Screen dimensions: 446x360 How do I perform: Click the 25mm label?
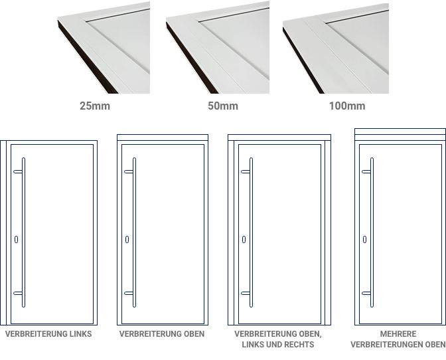coord(95,106)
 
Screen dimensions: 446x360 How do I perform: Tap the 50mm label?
coord(223,106)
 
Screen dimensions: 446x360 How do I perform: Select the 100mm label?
coord(347,106)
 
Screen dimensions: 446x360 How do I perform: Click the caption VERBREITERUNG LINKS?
coord(48,334)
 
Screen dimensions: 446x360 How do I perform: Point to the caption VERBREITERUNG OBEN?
coord(162,334)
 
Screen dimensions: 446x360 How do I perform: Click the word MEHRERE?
coord(398,334)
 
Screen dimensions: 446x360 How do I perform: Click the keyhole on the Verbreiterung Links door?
coord(16,239)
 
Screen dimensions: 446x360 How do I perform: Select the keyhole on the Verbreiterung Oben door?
coord(127,239)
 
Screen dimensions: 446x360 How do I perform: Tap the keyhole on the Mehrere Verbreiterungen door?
coord(364,239)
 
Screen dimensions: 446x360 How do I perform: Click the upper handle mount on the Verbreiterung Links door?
coord(18,171)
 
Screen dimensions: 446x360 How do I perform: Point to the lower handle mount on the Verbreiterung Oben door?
coord(129,293)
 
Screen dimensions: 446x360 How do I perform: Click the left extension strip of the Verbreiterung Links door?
coord(3,232)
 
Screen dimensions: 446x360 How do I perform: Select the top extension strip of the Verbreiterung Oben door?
coord(163,137)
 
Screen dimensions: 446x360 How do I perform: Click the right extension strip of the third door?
coord(328,232)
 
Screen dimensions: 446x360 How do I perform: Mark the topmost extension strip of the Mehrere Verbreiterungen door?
coord(400,132)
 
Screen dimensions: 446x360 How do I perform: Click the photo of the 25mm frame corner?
coord(104,48)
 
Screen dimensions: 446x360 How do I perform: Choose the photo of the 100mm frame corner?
coord(336,48)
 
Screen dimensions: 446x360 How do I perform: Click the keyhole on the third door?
coord(244,239)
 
